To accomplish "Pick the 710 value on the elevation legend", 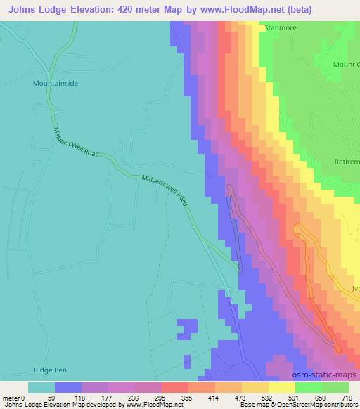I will pyautogui.click(x=346, y=397).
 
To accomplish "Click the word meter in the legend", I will pyautogui.click(x=12, y=397).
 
